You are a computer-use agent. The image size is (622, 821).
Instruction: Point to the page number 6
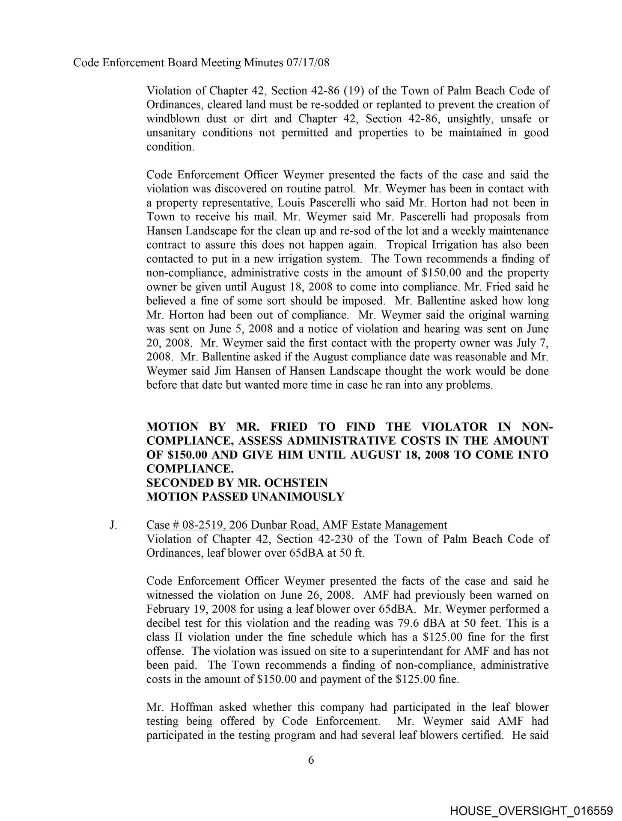click(311, 760)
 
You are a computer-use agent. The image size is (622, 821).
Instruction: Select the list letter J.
click(113, 525)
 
